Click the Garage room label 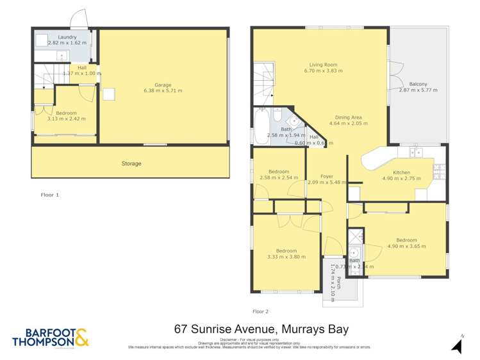(x=163, y=84)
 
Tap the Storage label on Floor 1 (x=131, y=164)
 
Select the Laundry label (x=67, y=37)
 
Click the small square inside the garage (x=109, y=94)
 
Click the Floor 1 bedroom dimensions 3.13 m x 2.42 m (x=66, y=119)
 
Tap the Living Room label (x=323, y=65)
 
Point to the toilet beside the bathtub (x=277, y=115)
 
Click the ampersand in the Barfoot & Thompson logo (x=81, y=335)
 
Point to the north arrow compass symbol (x=457, y=345)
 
